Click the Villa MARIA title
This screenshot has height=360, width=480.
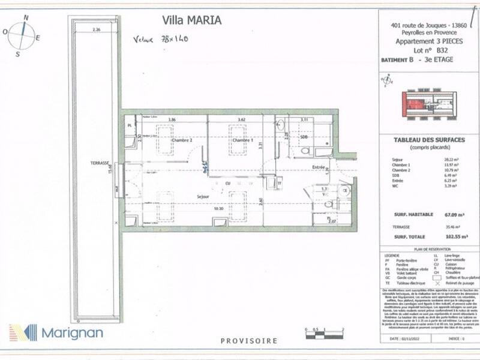click(192, 20)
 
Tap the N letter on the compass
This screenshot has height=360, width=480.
click(25, 18)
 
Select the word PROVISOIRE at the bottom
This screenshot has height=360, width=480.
click(249, 341)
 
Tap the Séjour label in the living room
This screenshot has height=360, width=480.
click(202, 196)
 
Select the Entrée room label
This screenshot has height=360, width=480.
click(319, 167)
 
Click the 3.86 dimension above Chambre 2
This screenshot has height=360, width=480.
click(172, 120)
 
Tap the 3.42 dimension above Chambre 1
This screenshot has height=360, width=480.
click(241, 120)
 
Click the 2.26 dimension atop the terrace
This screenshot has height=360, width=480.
click(96, 29)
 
